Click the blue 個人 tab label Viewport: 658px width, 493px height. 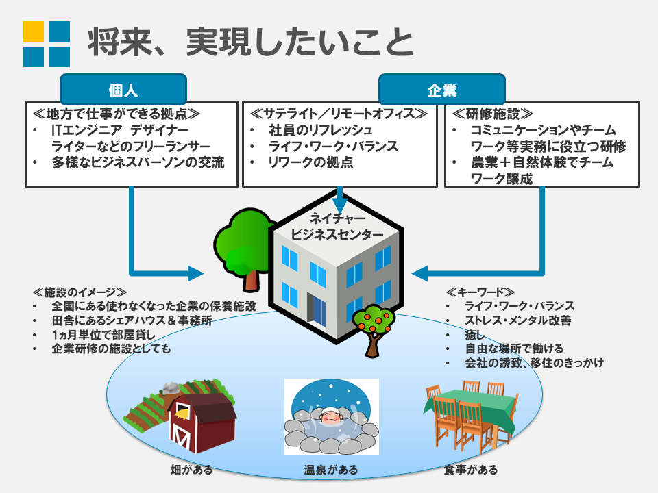[123, 90]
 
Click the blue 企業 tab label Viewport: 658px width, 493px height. [441, 90]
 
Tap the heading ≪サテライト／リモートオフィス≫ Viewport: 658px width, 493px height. [338, 114]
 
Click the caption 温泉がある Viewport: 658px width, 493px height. [331, 470]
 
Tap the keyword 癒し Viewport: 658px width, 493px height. [475, 335]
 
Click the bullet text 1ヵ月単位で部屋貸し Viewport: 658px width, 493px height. [103, 335]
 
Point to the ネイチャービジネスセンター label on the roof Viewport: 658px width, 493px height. [337, 227]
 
